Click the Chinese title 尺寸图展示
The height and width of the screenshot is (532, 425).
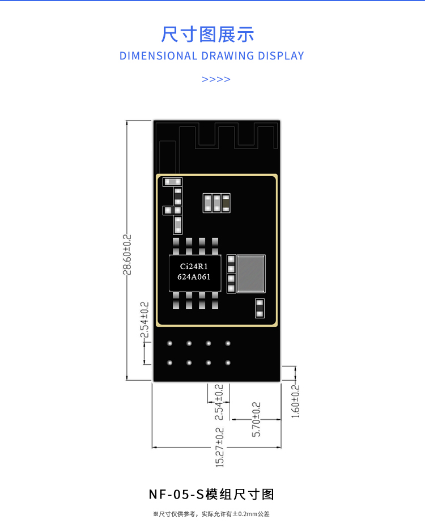207,34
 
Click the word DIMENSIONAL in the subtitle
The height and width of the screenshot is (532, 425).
158,56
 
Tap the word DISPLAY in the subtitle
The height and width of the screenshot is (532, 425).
281,56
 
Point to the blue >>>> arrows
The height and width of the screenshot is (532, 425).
216,79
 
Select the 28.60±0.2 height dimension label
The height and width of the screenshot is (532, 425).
127,254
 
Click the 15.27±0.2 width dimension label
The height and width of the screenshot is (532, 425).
220,447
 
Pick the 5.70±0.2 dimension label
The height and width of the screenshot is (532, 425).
256,419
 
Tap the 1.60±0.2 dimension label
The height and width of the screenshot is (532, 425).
296,401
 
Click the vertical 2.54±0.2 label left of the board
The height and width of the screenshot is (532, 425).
144,320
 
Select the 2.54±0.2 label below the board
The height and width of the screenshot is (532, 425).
219,402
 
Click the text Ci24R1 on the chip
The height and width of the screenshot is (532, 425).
194,266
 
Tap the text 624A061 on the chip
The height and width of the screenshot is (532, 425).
194,277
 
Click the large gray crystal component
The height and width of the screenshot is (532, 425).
251,274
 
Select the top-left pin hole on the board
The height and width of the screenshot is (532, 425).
170,343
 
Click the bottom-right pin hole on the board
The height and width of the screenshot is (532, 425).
228,363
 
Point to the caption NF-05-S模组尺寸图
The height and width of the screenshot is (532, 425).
211,495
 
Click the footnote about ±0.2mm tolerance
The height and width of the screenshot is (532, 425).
211,514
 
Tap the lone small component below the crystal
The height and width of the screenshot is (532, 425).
260,308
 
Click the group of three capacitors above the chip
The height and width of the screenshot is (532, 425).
216,203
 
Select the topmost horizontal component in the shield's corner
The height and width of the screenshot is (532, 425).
172,182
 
